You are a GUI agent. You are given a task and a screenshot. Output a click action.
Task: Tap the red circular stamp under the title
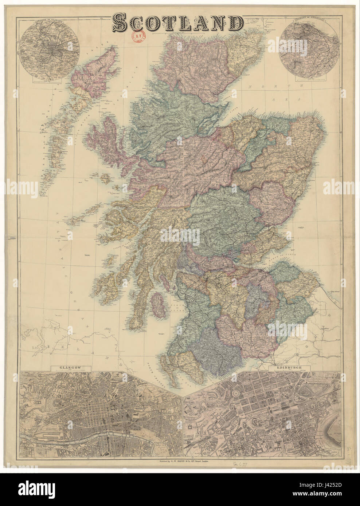pyautogui.click(x=138, y=36)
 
